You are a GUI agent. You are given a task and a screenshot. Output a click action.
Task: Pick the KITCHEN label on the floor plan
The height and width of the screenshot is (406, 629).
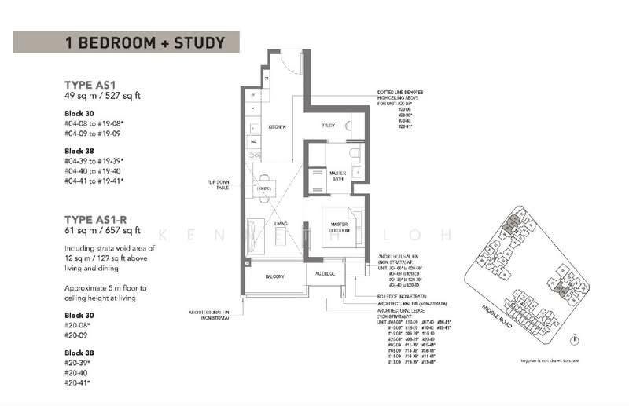pyautogui.click(x=276, y=126)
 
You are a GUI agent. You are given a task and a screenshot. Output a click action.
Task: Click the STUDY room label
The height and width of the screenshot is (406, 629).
pyautogui.click(x=328, y=126)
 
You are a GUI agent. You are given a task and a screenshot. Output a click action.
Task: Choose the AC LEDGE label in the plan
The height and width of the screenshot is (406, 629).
pyautogui.click(x=326, y=274)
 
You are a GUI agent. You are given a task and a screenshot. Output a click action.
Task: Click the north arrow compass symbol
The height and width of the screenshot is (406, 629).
pyautogui.click(x=577, y=339)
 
